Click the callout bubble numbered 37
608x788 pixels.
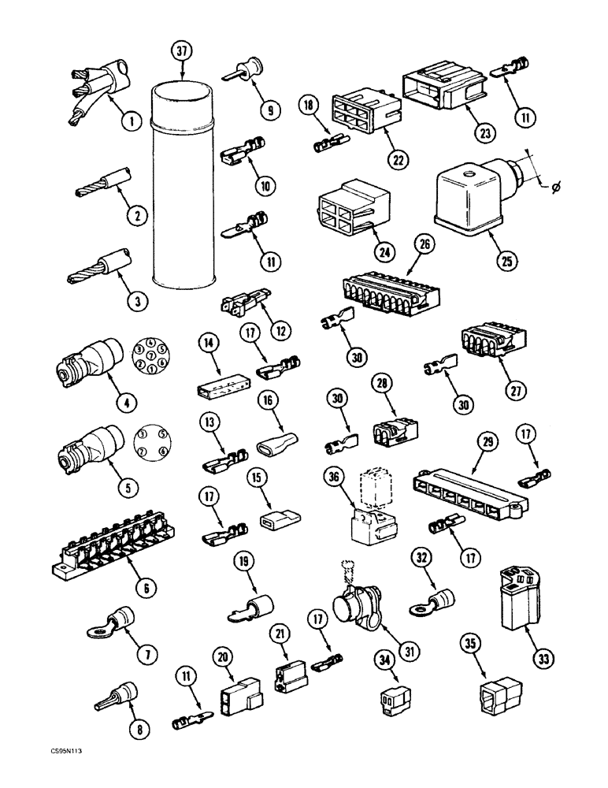182,53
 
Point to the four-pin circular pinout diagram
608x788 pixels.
149,442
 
